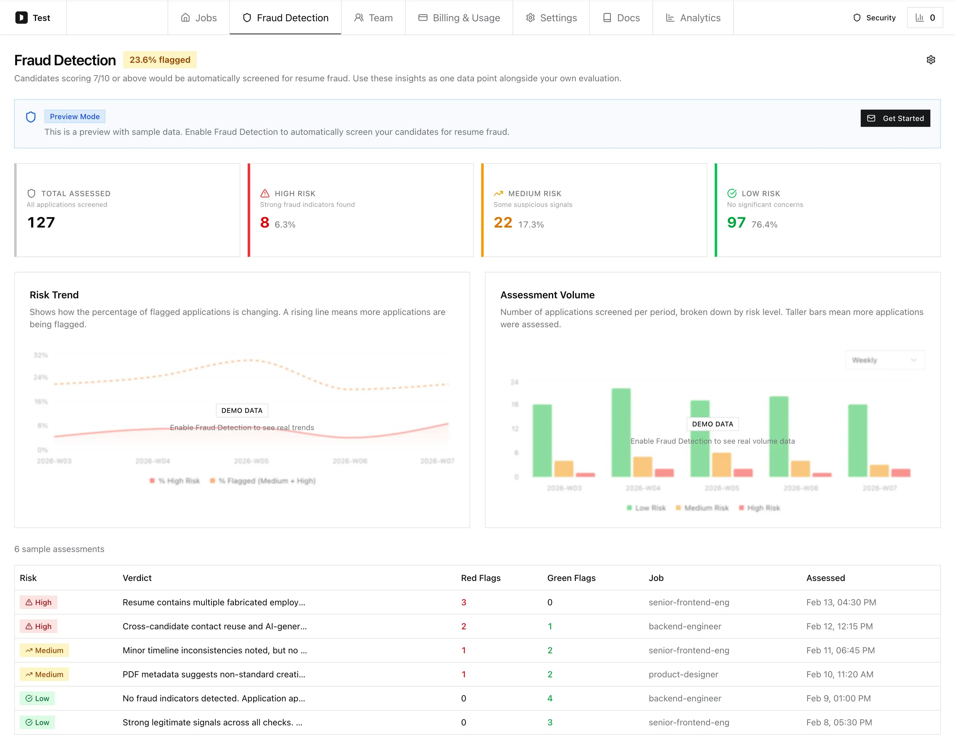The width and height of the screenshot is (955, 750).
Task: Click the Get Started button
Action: tap(895, 118)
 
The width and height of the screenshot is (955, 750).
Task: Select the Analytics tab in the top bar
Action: tap(693, 18)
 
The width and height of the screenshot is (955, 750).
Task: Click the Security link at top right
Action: tap(874, 18)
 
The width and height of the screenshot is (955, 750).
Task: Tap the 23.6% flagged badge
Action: tap(160, 60)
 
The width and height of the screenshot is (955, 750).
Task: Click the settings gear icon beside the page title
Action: tap(930, 60)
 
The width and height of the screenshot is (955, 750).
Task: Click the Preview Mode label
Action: tap(74, 116)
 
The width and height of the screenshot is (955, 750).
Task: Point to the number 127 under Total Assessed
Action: tap(41, 223)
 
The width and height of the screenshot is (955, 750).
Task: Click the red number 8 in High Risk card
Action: tap(264, 223)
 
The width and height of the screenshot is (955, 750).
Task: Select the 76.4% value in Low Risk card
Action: tap(764, 224)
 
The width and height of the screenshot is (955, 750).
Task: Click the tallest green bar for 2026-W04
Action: tap(621, 433)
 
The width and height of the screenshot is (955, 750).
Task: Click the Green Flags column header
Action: tap(571, 578)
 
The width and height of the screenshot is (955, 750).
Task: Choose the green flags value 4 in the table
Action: tap(550, 698)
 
